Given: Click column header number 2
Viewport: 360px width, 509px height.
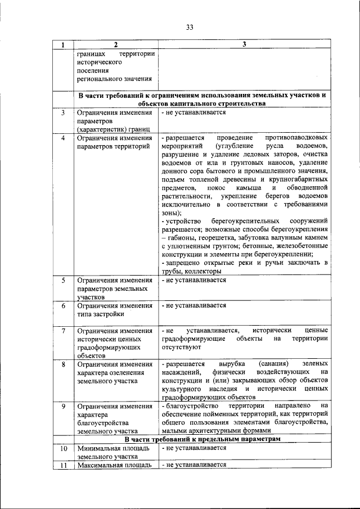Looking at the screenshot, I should pos(114,45).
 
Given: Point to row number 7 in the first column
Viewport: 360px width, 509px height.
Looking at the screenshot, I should pos(64,331).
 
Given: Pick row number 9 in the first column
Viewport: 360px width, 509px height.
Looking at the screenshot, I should pos(64,406).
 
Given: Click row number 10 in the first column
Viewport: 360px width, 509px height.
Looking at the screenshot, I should pos(64,448).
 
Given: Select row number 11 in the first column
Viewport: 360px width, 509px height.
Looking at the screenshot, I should pos(64,465).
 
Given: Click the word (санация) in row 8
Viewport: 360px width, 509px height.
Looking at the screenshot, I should pos(274,364).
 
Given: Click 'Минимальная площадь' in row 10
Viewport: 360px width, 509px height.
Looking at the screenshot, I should pos(112,448).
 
